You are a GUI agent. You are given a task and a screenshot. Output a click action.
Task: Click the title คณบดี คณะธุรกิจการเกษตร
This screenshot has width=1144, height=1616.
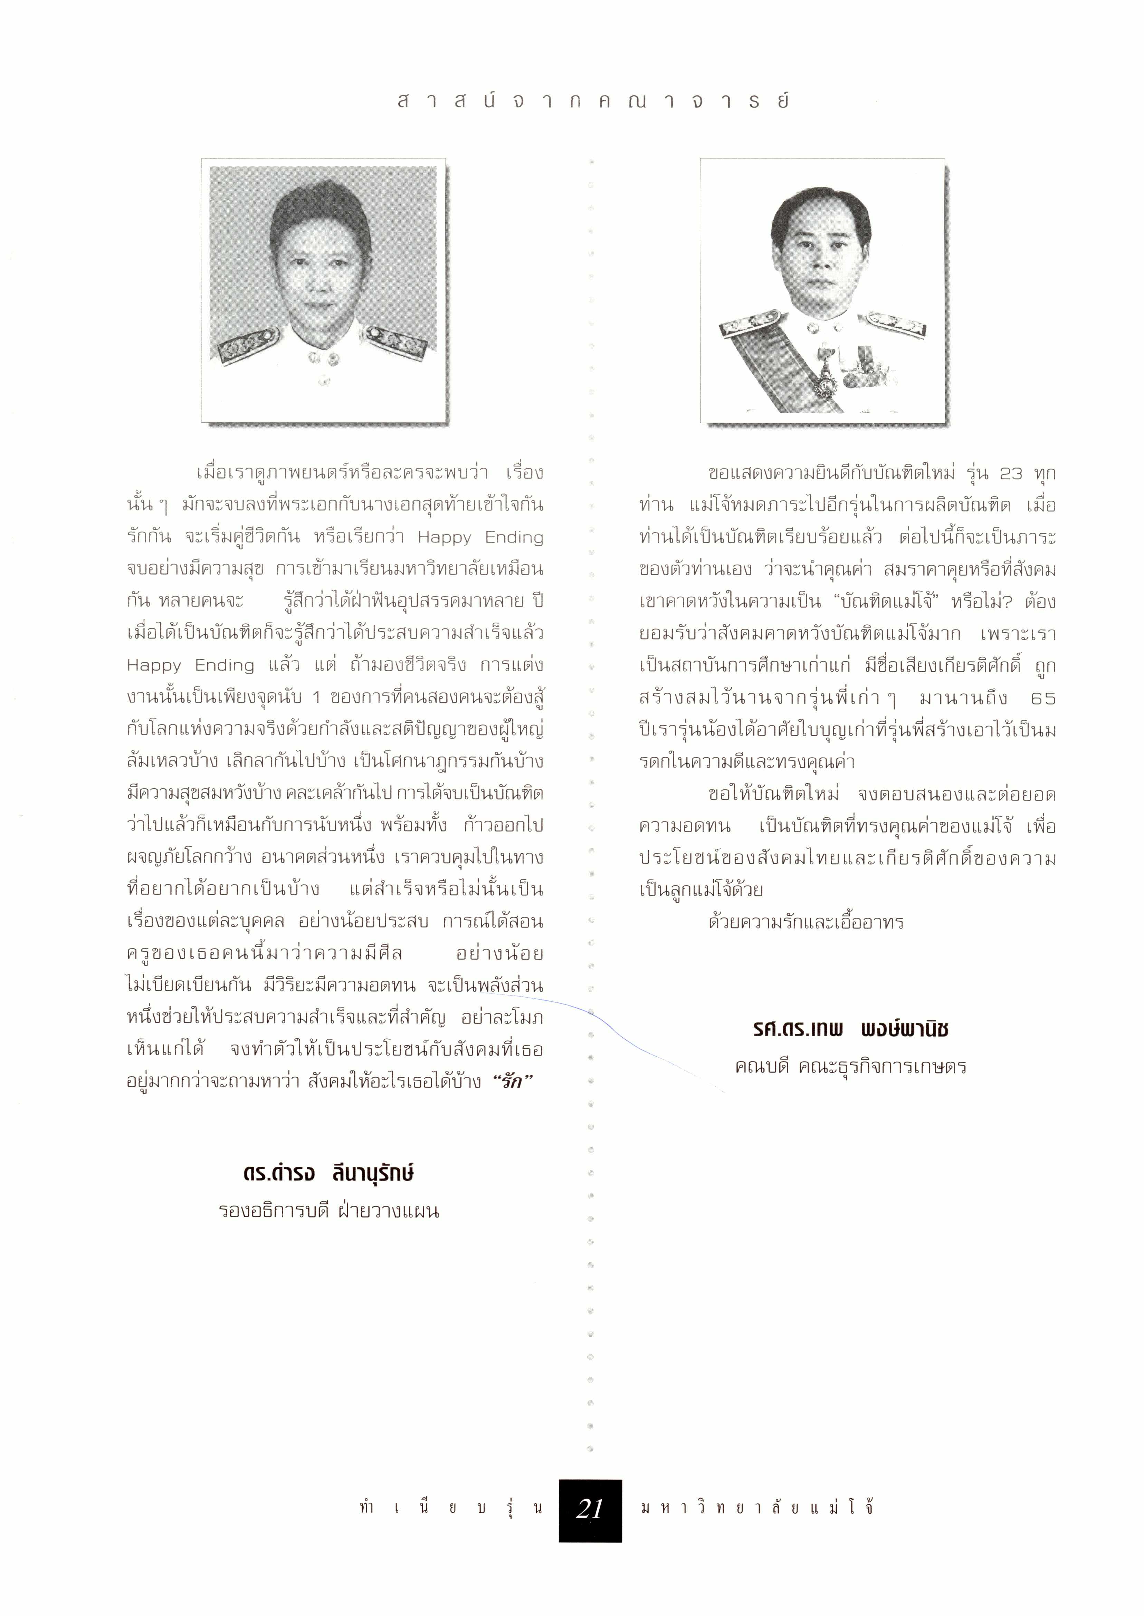[x=850, y=1067]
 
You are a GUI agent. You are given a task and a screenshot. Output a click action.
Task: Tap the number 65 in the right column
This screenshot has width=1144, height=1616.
[x=1042, y=699]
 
